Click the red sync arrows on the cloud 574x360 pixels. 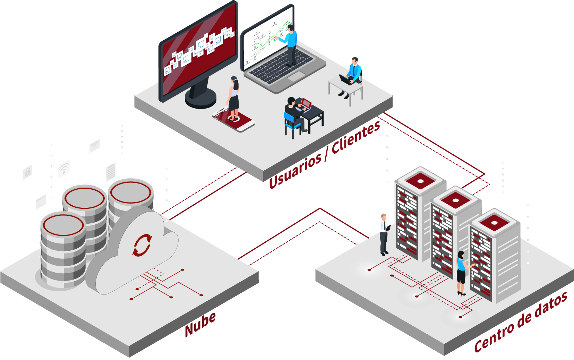tap(142, 245)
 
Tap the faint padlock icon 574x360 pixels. tap(28, 172)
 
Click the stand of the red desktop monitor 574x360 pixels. tap(201, 94)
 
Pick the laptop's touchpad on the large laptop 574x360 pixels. tap(296, 76)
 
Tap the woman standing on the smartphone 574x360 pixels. tap(233, 98)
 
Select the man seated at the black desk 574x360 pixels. tap(295, 113)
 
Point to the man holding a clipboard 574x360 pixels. tap(384, 234)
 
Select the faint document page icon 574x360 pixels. tap(111, 172)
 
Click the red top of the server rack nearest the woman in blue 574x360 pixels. tap(494, 222)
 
